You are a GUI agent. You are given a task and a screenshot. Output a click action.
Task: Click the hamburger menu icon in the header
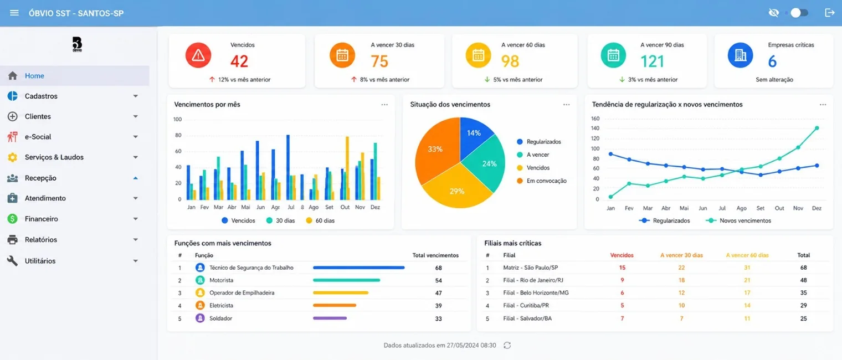click(x=14, y=13)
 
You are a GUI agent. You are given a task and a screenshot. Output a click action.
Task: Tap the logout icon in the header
click(x=830, y=13)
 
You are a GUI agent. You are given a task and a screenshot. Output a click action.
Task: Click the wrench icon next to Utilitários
click(x=12, y=261)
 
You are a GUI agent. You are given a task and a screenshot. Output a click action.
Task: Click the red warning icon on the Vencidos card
click(x=198, y=55)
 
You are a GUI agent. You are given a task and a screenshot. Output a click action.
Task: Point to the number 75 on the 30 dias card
click(x=379, y=61)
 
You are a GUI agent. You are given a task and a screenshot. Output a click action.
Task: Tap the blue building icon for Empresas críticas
click(x=740, y=55)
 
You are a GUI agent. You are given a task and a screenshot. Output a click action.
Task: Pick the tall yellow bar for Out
click(x=347, y=168)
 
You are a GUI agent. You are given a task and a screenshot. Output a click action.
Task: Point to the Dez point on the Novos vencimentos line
click(x=817, y=128)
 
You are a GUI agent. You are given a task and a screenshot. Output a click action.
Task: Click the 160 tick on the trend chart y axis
click(x=595, y=119)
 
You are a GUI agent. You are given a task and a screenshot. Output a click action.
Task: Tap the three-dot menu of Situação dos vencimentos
click(x=567, y=105)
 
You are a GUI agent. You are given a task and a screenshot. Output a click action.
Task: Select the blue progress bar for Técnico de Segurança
click(x=358, y=268)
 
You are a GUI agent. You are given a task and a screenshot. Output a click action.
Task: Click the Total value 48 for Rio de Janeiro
click(x=803, y=280)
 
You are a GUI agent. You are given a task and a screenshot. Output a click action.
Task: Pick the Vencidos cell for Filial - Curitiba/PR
click(x=622, y=306)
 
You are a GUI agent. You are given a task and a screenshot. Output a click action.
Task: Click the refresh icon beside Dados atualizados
click(x=507, y=346)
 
